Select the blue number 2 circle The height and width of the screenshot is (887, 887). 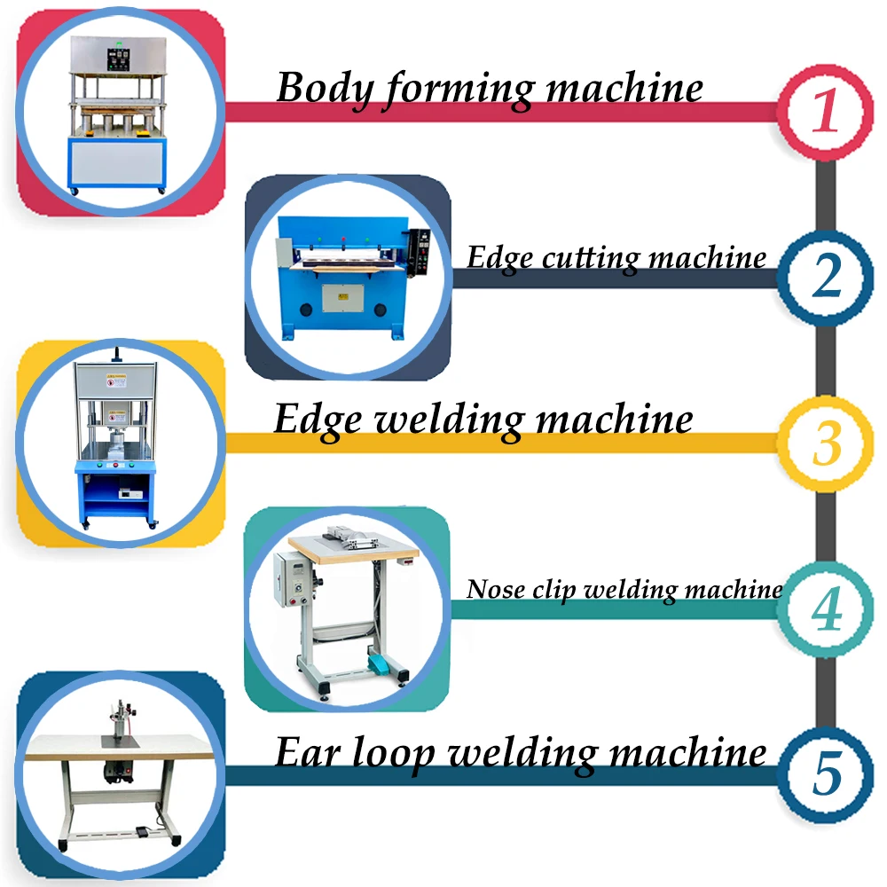tap(826, 277)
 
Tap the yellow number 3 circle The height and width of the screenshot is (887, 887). tap(826, 443)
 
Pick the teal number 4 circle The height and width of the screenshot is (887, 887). tap(826, 609)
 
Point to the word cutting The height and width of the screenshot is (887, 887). tap(589, 258)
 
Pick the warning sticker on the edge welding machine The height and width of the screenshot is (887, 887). tap(116, 383)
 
